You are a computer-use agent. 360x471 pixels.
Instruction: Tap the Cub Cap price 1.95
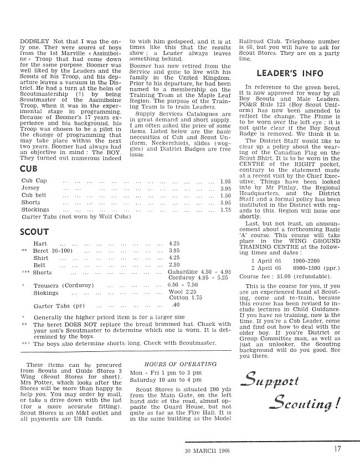[225, 181]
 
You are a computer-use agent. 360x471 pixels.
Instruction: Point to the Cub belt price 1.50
[225, 196]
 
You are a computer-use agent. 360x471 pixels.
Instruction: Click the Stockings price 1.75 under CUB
[225, 210]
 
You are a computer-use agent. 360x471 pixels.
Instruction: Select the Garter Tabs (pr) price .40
[176, 304]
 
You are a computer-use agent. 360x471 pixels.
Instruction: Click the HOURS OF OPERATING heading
[173, 349]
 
